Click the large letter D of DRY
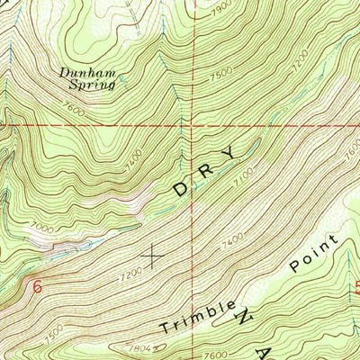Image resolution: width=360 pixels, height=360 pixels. (183, 189)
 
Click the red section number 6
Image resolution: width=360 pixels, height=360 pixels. (37, 286)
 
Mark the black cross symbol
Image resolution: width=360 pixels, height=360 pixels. (154, 256)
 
